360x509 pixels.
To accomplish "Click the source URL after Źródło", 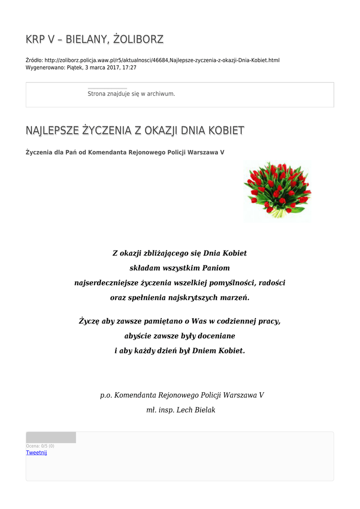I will (162, 60).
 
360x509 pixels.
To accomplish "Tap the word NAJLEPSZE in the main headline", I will (52, 131).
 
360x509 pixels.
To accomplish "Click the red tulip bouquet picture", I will (277, 190).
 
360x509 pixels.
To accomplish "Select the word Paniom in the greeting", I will (216, 268).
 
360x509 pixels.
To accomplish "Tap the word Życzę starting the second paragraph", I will (89, 321).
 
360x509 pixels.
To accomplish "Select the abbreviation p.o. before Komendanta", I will (106, 395).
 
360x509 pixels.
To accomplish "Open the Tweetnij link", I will (36, 452).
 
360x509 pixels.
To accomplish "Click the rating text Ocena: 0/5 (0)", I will (40, 446).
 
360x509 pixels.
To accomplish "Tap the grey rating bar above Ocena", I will (51, 437).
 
